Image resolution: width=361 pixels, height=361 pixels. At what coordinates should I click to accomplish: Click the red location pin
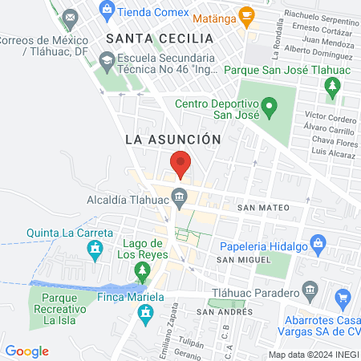[180, 164]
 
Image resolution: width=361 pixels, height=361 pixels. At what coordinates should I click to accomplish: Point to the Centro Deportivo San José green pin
[270, 105]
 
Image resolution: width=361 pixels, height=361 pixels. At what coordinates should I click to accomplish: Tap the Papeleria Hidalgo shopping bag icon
[318, 241]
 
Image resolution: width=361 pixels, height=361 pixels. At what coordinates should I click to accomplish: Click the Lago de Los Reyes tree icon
[144, 278]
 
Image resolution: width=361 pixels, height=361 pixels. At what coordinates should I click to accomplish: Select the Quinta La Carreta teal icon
[95, 251]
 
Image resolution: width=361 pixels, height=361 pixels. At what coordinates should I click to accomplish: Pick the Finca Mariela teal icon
[145, 316]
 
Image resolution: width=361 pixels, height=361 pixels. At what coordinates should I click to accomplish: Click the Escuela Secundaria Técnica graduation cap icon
[107, 59]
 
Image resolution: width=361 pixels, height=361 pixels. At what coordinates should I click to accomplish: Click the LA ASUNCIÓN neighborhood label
[173, 139]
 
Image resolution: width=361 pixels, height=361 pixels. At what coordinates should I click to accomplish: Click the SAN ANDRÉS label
[225, 311]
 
